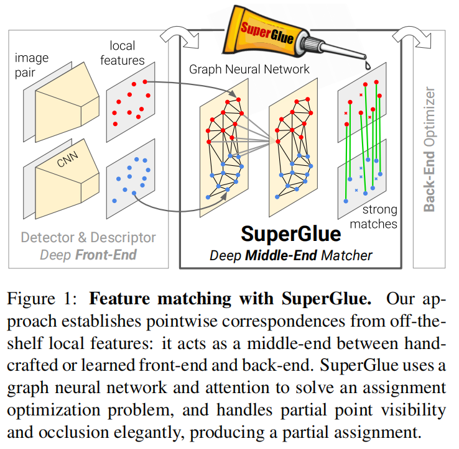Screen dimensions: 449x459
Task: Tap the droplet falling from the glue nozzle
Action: [x=366, y=64]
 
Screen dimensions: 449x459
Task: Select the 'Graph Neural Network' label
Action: [x=249, y=69]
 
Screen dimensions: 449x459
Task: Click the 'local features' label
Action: [x=127, y=53]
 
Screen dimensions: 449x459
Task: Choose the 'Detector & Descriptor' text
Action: [x=88, y=237]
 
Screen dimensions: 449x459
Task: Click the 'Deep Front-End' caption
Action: [x=88, y=255]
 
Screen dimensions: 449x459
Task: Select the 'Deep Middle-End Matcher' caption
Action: [x=290, y=255]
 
